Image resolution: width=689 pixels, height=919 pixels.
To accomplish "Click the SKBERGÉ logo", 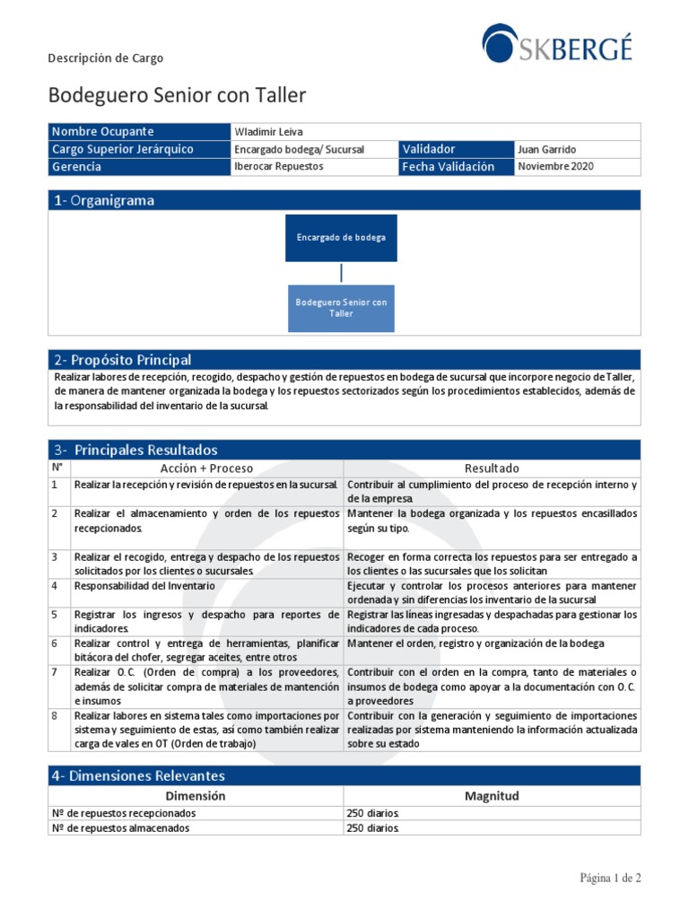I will tap(556, 45).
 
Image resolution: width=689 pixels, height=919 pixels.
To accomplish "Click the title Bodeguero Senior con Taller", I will tap(177, 95).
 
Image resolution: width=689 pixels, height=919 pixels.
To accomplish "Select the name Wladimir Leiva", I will tap(268, 132).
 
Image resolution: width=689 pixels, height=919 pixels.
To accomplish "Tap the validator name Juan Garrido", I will tap(547, 150).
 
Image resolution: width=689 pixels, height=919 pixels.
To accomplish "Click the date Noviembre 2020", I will tap(555, 167).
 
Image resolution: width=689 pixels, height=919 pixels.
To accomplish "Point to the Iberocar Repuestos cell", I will tap(278, 167).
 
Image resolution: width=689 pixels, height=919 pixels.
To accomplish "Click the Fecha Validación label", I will tap(448, 167).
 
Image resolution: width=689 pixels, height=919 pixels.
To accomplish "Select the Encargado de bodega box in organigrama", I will tap(341, 238).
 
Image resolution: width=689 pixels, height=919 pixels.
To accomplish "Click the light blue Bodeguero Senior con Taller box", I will tap(341, 308).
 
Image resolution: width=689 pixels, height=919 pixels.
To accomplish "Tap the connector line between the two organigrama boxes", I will tap(341, 273).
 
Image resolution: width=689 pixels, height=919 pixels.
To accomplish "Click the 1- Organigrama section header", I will tap(103, 201).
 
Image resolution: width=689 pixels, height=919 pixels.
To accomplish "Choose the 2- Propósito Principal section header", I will tap(122, 360).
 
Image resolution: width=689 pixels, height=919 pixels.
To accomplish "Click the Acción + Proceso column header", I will tap(206, 468).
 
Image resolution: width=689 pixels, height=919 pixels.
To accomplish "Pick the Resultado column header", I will tap(492, 468).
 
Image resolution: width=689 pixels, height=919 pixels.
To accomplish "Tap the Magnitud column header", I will tap(492, 796).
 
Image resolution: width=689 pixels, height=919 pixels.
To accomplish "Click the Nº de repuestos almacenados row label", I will tap(120, 828).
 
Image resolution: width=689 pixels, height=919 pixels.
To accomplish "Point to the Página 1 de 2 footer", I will tap(610, 879).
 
